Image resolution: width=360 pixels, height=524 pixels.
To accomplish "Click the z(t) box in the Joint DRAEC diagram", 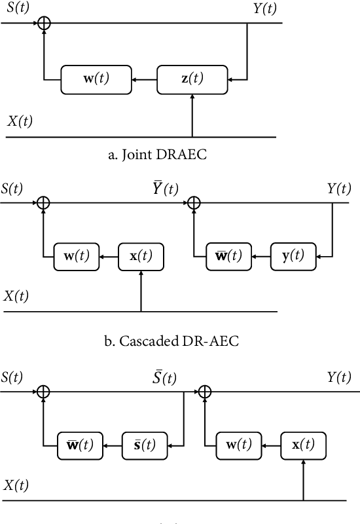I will (x=192, y=79).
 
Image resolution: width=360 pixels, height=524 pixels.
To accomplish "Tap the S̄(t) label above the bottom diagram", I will (x=161, y=378).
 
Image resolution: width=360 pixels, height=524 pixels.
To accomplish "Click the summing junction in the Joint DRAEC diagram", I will (x=45, y=23).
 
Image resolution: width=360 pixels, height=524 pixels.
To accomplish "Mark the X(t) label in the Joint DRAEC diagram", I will (x=20, y=121).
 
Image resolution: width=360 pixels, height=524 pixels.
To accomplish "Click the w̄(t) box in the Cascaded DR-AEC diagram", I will (x=227, y=255).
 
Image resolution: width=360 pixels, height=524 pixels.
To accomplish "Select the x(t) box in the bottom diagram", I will (x=304, y=446).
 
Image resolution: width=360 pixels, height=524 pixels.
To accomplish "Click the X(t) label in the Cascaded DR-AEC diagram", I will (x=16, y=295).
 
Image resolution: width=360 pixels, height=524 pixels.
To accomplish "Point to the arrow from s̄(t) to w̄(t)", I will (x=111, y=446).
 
